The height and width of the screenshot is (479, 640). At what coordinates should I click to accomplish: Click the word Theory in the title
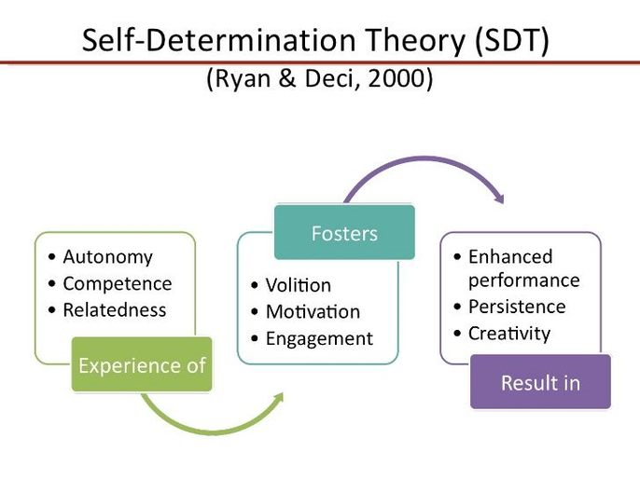tap(414, 41)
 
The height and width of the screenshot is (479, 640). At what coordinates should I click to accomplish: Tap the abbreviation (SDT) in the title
tap(512, 40)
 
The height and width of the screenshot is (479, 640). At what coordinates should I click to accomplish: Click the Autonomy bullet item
tap(101, 257)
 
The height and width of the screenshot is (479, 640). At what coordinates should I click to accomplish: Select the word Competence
tap(118, 283)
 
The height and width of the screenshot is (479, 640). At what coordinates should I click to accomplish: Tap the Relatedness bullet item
tap(107, 309)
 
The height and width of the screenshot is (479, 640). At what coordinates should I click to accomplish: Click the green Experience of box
tap(142, 364)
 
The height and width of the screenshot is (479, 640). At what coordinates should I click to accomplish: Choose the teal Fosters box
tap(344, 232)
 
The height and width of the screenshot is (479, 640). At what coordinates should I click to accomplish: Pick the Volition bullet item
tap(291, 285)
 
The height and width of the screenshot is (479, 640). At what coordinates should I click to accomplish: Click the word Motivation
tap(313, 312)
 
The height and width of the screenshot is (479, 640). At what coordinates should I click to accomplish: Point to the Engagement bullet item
tap(313, 339)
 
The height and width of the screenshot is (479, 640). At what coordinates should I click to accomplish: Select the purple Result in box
tap(540, 382)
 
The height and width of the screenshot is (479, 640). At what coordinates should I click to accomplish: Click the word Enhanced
tap(510, 257)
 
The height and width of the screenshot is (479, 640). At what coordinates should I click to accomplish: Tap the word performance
tap(524, 281)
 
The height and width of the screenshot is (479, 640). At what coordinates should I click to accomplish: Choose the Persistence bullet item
tap(509, 307)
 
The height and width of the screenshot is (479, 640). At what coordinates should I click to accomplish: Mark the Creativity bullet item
tap(502, 334)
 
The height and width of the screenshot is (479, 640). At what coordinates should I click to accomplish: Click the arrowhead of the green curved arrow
tap(279, 398)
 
